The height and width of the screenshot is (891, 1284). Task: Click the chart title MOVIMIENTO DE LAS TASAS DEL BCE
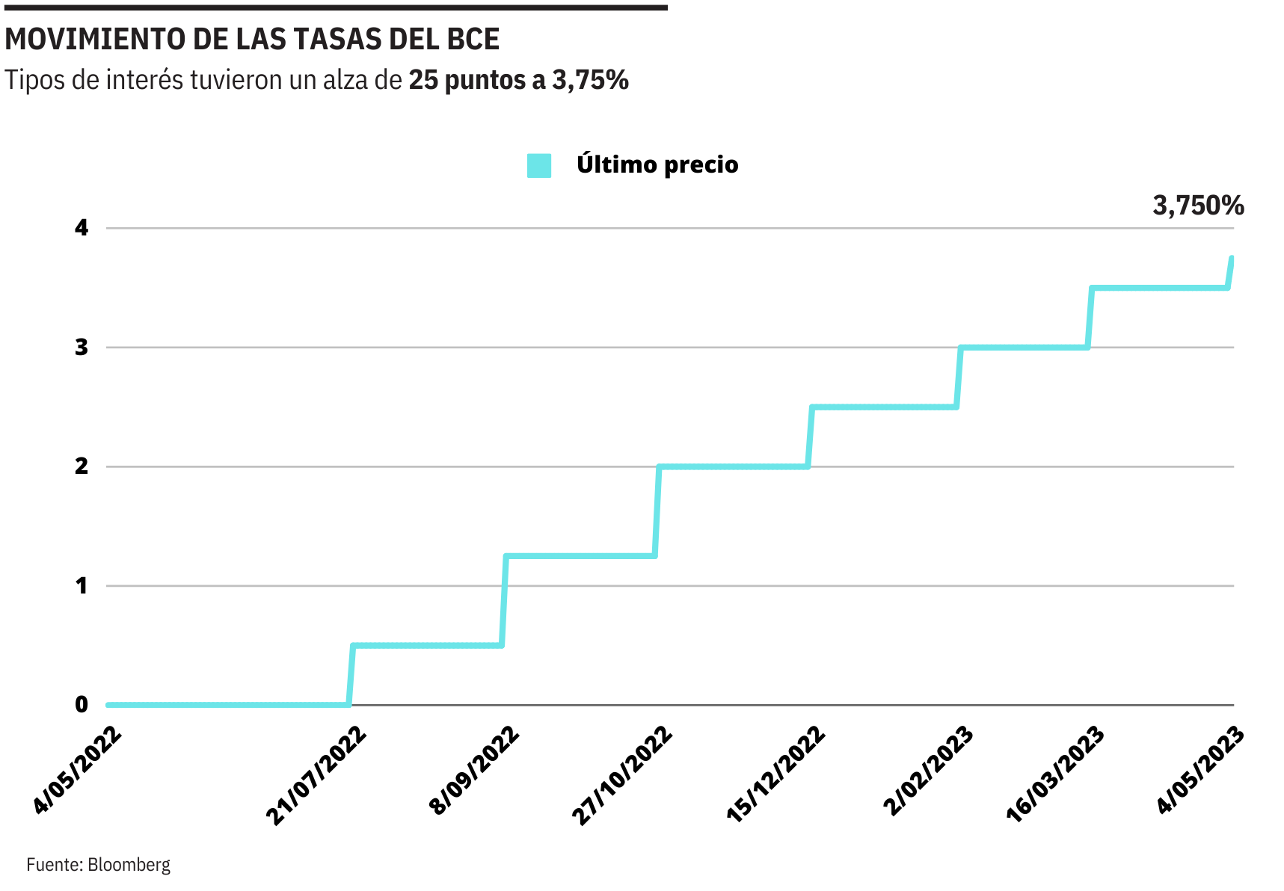click(252, 40)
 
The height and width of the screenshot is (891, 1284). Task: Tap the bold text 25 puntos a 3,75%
click(518, 80)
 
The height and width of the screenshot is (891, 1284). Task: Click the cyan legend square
click(539, 165)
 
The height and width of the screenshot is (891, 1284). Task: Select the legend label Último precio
click(657, 164)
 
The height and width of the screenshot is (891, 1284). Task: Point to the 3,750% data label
click(1198, 205)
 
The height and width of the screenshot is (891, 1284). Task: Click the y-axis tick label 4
click(82, 228)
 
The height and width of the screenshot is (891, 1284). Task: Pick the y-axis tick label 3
click(82, 348)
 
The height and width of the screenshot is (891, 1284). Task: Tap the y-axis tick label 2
click(82, 466)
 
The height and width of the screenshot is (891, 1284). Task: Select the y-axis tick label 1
click(82, 586)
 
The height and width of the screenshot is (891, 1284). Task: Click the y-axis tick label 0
click(82, 705)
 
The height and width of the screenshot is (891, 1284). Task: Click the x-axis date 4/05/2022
click(77, 770)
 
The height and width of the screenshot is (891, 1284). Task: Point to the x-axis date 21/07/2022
click(316, 775)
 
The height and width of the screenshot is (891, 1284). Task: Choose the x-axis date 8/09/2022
click(474, 770)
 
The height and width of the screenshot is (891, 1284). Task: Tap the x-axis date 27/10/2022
click(622, 775)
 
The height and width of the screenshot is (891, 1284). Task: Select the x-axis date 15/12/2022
click(775, 775)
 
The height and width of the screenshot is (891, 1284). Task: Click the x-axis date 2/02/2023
click(928, 770)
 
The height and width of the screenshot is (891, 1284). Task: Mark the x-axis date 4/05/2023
click(1201, 770)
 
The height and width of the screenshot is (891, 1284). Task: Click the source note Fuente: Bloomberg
click(99, 865)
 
